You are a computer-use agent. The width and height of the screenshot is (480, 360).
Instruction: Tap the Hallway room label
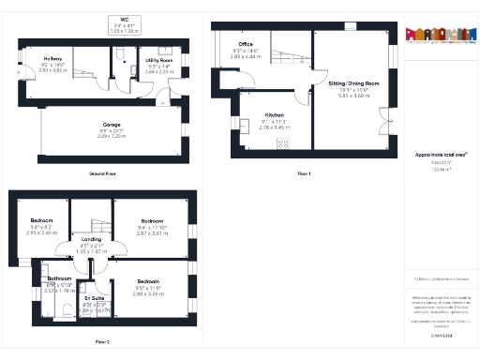[52, 59]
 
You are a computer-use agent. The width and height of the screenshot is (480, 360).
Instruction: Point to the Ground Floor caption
[103, 173]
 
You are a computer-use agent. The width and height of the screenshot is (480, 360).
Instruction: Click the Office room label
[246, 44]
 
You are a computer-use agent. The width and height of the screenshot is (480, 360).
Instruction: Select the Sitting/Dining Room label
[353, 83]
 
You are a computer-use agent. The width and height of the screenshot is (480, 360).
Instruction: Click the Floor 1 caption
[304, 173]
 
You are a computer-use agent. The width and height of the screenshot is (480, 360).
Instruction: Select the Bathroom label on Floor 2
[60, 278]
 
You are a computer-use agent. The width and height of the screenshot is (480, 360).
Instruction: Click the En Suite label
[94, 299]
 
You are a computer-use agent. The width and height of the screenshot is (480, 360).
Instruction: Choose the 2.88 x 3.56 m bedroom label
[149, 281]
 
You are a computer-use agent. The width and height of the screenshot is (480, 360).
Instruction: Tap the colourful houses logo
[436, 35]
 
